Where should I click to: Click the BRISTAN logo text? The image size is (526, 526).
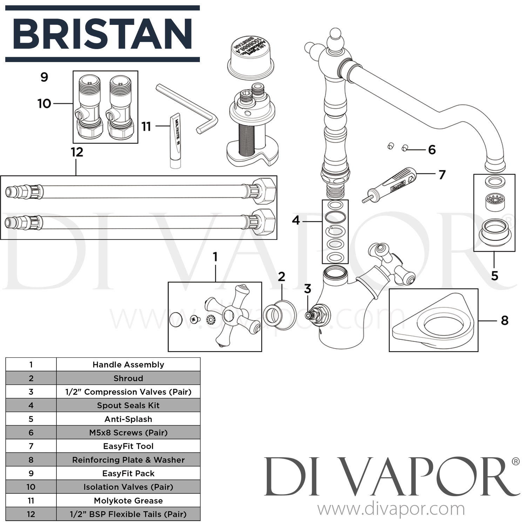[x=102, y=34]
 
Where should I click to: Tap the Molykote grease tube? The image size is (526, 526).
[x=175, y=140]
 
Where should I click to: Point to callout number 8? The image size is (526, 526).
[x=504, y=320]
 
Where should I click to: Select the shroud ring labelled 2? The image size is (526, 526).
[x=279, y=315]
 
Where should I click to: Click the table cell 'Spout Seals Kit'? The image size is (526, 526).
[x=128, y=405]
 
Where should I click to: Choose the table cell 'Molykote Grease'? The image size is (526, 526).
[x=128, y=501]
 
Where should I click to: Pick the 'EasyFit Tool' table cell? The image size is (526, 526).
[x=128, y=446]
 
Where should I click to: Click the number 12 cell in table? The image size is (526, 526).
[x=31, y=514]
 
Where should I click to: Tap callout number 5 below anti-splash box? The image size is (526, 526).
[x=494, y=276]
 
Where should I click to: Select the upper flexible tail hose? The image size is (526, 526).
[x=140, y=191]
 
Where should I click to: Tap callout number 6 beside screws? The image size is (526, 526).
[x=432, y=150]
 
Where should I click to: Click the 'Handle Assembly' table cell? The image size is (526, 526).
[x=128, y=365]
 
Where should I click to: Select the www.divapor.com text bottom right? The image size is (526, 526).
[x=391, y=509]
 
